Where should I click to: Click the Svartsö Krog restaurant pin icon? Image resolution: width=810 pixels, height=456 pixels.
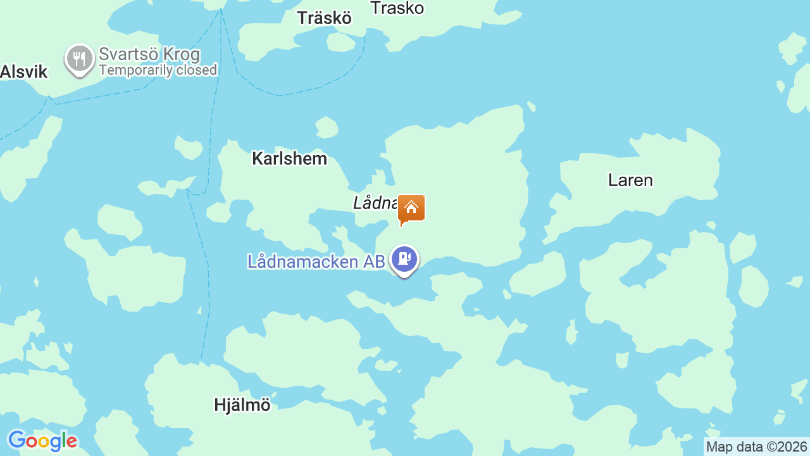click(x=79, y=59)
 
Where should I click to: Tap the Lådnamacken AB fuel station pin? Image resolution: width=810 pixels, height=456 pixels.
click(x=404, y=259)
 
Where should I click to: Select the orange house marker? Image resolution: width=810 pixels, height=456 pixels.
click(x=411, y=208)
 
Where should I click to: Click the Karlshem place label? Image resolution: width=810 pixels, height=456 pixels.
click(x=289, y=158)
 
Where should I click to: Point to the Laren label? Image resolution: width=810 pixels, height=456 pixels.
click(x=630, y=180)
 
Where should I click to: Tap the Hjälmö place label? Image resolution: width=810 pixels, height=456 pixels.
click(x=242, y=405)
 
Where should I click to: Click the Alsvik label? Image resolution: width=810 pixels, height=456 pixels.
click(x=24, y=72)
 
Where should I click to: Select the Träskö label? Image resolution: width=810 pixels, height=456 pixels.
click(x=324, y=18)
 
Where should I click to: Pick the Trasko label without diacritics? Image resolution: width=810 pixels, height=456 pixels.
click(x=397, y=8)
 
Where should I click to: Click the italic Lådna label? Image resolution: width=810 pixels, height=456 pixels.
click(x=375, y=203)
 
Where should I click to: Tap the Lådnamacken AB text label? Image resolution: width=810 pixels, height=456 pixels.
click(x=316, y=262)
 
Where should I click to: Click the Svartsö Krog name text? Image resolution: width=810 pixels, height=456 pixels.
click(x=149, y=54)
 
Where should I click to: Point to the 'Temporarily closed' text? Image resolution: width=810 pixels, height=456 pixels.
click(x=158, y=70)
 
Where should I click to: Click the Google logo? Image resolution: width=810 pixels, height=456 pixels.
click(x=42, y=441)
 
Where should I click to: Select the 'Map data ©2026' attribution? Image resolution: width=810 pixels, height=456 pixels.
click(x=756, y=447)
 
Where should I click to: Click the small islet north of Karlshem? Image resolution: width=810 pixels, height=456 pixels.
click(x=327, y=127)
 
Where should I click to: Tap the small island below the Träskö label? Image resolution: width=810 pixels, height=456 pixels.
click(x=341, y=42)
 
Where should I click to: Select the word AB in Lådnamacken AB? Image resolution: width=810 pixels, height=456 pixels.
click(x=373, y=262)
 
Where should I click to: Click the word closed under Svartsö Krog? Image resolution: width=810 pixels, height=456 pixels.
click(x=197, y=70)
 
